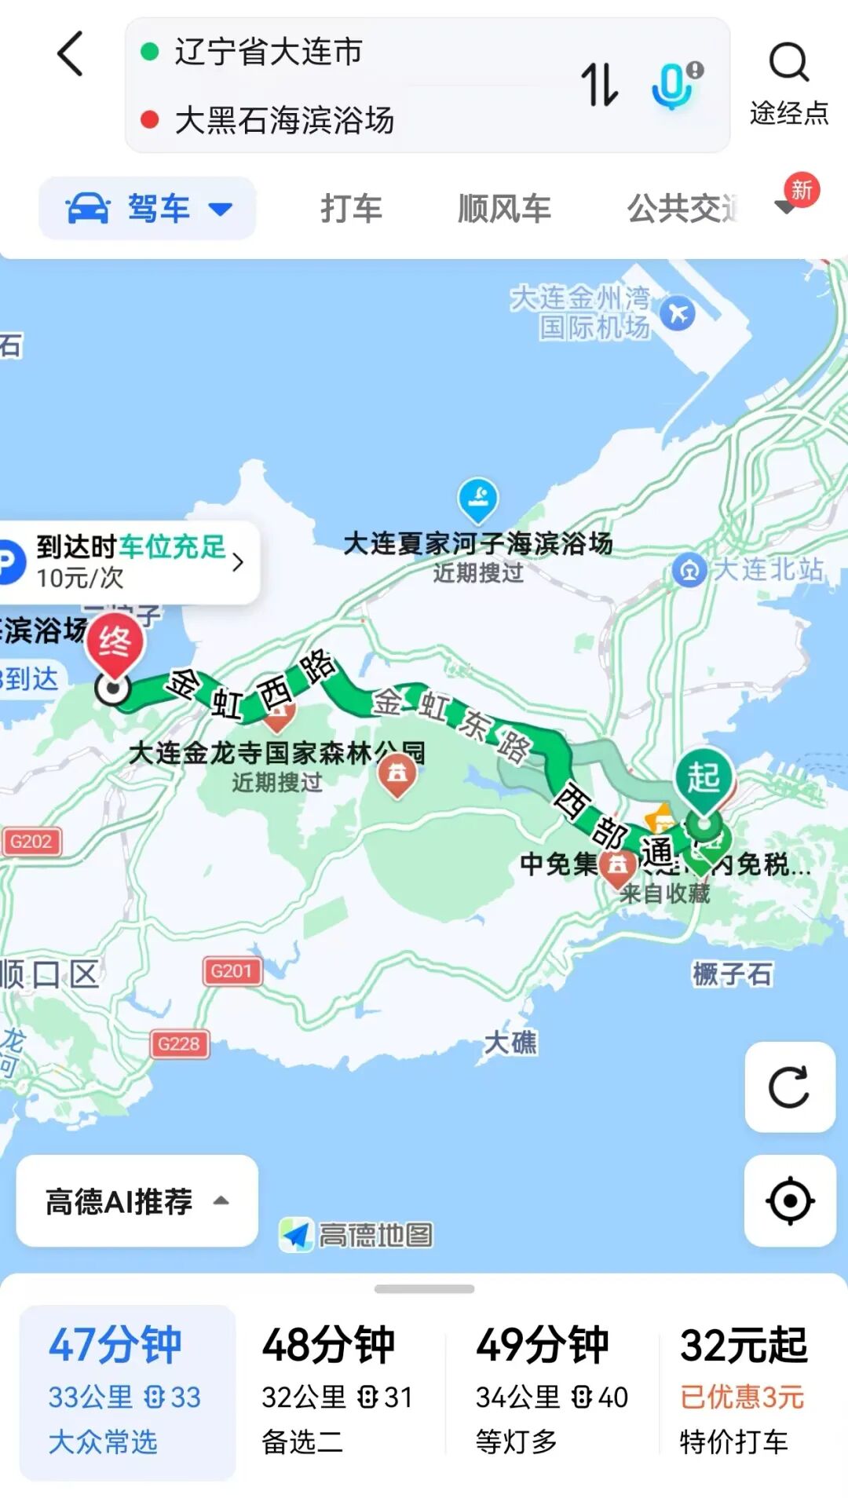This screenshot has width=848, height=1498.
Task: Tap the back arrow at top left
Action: [x=71, y=54]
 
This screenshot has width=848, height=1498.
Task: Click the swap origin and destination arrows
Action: [x=599, y=85]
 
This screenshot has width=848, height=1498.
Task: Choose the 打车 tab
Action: [x=351, y=209]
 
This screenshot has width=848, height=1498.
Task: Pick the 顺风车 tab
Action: [x=504, y=209]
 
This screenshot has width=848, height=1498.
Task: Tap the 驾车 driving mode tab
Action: [x=148, y=209]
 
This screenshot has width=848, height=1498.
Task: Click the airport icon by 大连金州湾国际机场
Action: [x=677, y=314]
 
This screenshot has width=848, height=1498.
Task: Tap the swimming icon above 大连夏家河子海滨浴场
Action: [x=477, y=498]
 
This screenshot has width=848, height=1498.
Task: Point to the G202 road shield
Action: [x=31, y=842]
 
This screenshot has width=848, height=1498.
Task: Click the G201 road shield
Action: [x=231, y=971]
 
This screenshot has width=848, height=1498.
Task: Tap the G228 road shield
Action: [x=179, y=1043]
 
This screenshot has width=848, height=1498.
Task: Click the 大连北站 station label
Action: [x=750, y=569]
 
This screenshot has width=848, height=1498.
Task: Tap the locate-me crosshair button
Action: [x=789, y=1200]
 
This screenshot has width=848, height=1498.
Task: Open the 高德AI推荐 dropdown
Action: [x=137, y=1200]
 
